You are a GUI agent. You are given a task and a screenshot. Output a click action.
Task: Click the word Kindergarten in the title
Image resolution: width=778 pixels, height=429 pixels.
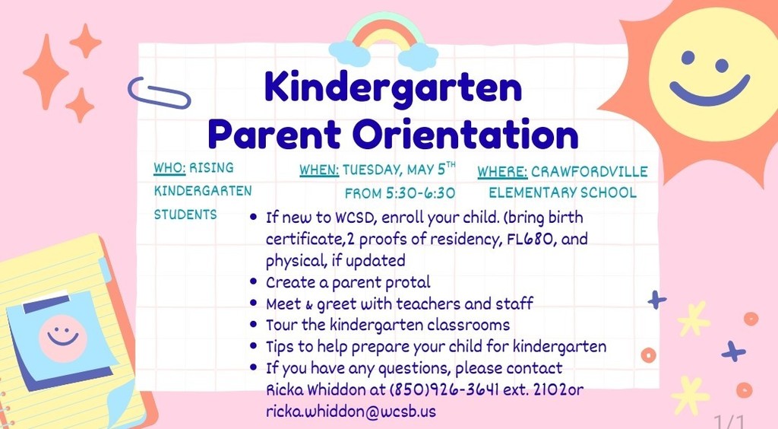(x=393, y=88)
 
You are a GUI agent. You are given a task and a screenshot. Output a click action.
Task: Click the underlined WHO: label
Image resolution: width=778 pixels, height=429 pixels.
(x=169, y=168)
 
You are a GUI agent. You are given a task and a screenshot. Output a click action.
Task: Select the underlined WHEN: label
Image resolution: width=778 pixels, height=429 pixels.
(x=319, y=170)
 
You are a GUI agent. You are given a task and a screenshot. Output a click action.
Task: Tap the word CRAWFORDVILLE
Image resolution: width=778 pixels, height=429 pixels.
(x=600, y=171)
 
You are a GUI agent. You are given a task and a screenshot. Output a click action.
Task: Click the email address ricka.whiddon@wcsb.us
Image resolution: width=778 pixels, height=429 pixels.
(x=350, y=411)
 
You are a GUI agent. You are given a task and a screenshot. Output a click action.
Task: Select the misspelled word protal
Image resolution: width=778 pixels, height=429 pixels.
(x=404, y=282)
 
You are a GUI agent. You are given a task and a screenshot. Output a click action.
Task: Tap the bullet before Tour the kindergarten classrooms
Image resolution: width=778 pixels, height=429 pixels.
(x=254, y=325)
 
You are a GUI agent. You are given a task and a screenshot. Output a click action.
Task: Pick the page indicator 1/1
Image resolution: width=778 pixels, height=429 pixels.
(x=730, y=421)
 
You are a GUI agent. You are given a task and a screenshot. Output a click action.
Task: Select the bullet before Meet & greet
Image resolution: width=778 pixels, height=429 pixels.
(x=254, y=303)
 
